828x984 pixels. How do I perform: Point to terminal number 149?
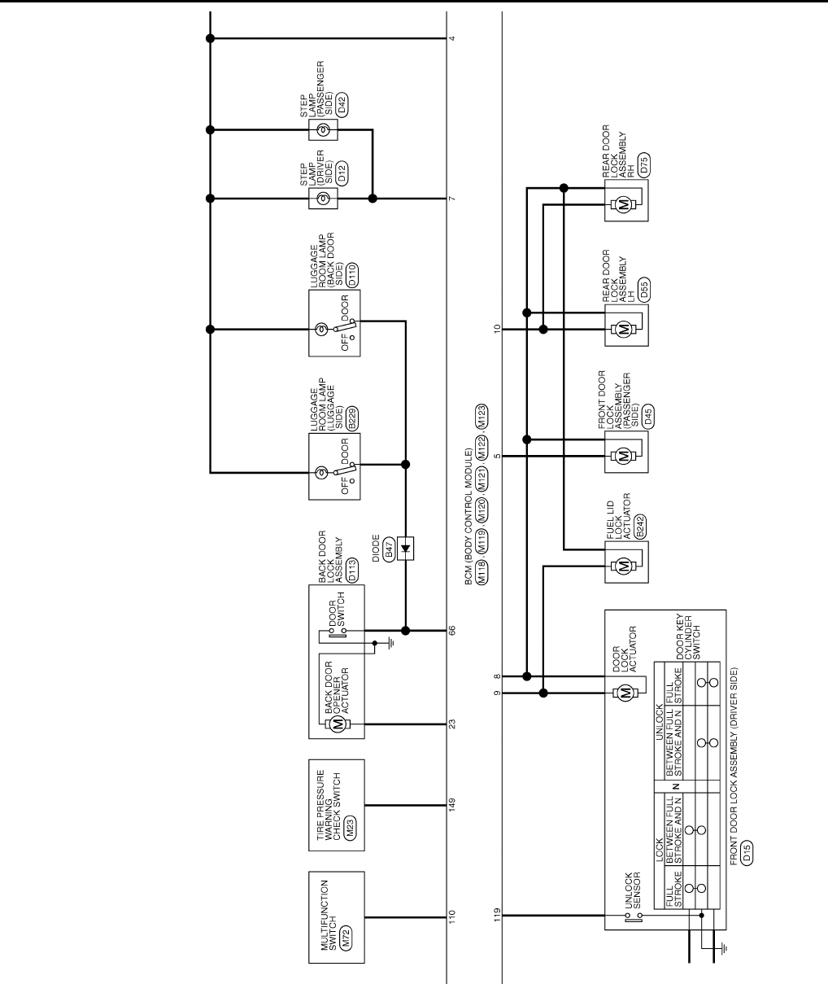[451, 805]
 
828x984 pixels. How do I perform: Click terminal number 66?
[451, 630]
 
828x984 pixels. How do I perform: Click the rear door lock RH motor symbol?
[624, 204]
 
